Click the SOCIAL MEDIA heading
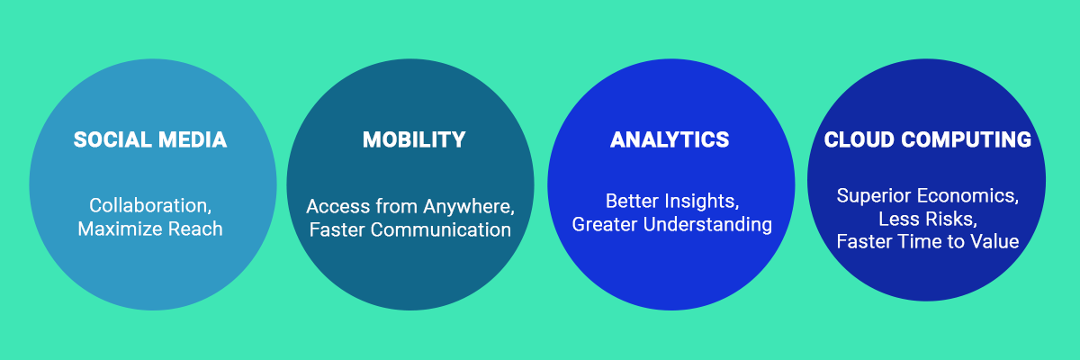pyautogui.click(x=150, y=139)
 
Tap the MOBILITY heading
pyautogui.click(x=414, y=139)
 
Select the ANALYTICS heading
pyautogui.click(x=670, y=139)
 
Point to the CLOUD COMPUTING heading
pyautogui.click(x=928, y=139)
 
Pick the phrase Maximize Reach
pyautogui.click(x=150, y=229)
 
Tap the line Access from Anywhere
pyautogui.click(x=410, y=207)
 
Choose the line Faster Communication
pyautogui.click(x=410, y=229)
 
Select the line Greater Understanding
pyautogui.click(x=672, y=225)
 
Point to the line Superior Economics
pyautogui.click(x=928, y=196)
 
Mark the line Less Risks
pyautogui.click(x=928, y=220)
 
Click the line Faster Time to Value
pyautogui.click(x=928, y=241)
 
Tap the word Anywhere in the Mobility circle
pyautogui.click(x=469, y=207)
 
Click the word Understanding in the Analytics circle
pyautogui.click(x=707, y=225)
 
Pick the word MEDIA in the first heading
pyautogui.click(x=193, y=139)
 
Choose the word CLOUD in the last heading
pyautogui.click(x=859, y=139)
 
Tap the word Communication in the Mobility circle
pyautogui.click(x=441, y=229)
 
